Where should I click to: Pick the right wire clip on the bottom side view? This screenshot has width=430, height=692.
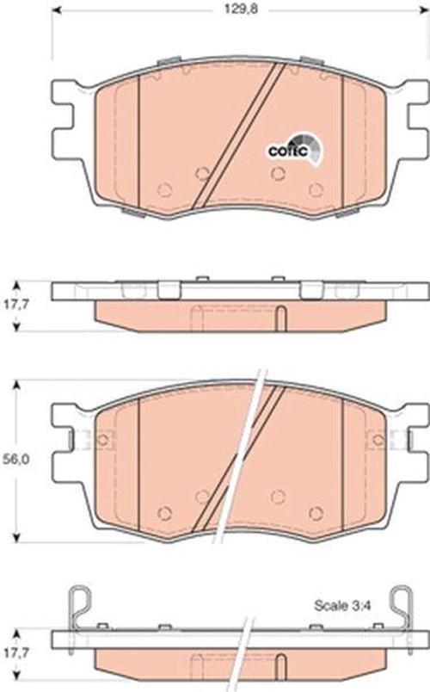pyautogui.click(x=400, y=607)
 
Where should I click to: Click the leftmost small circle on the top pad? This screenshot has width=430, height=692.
pyautogui.click(x=165, y=190)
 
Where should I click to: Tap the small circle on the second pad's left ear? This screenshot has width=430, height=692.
pyautogui.click(x=102, y=440)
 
